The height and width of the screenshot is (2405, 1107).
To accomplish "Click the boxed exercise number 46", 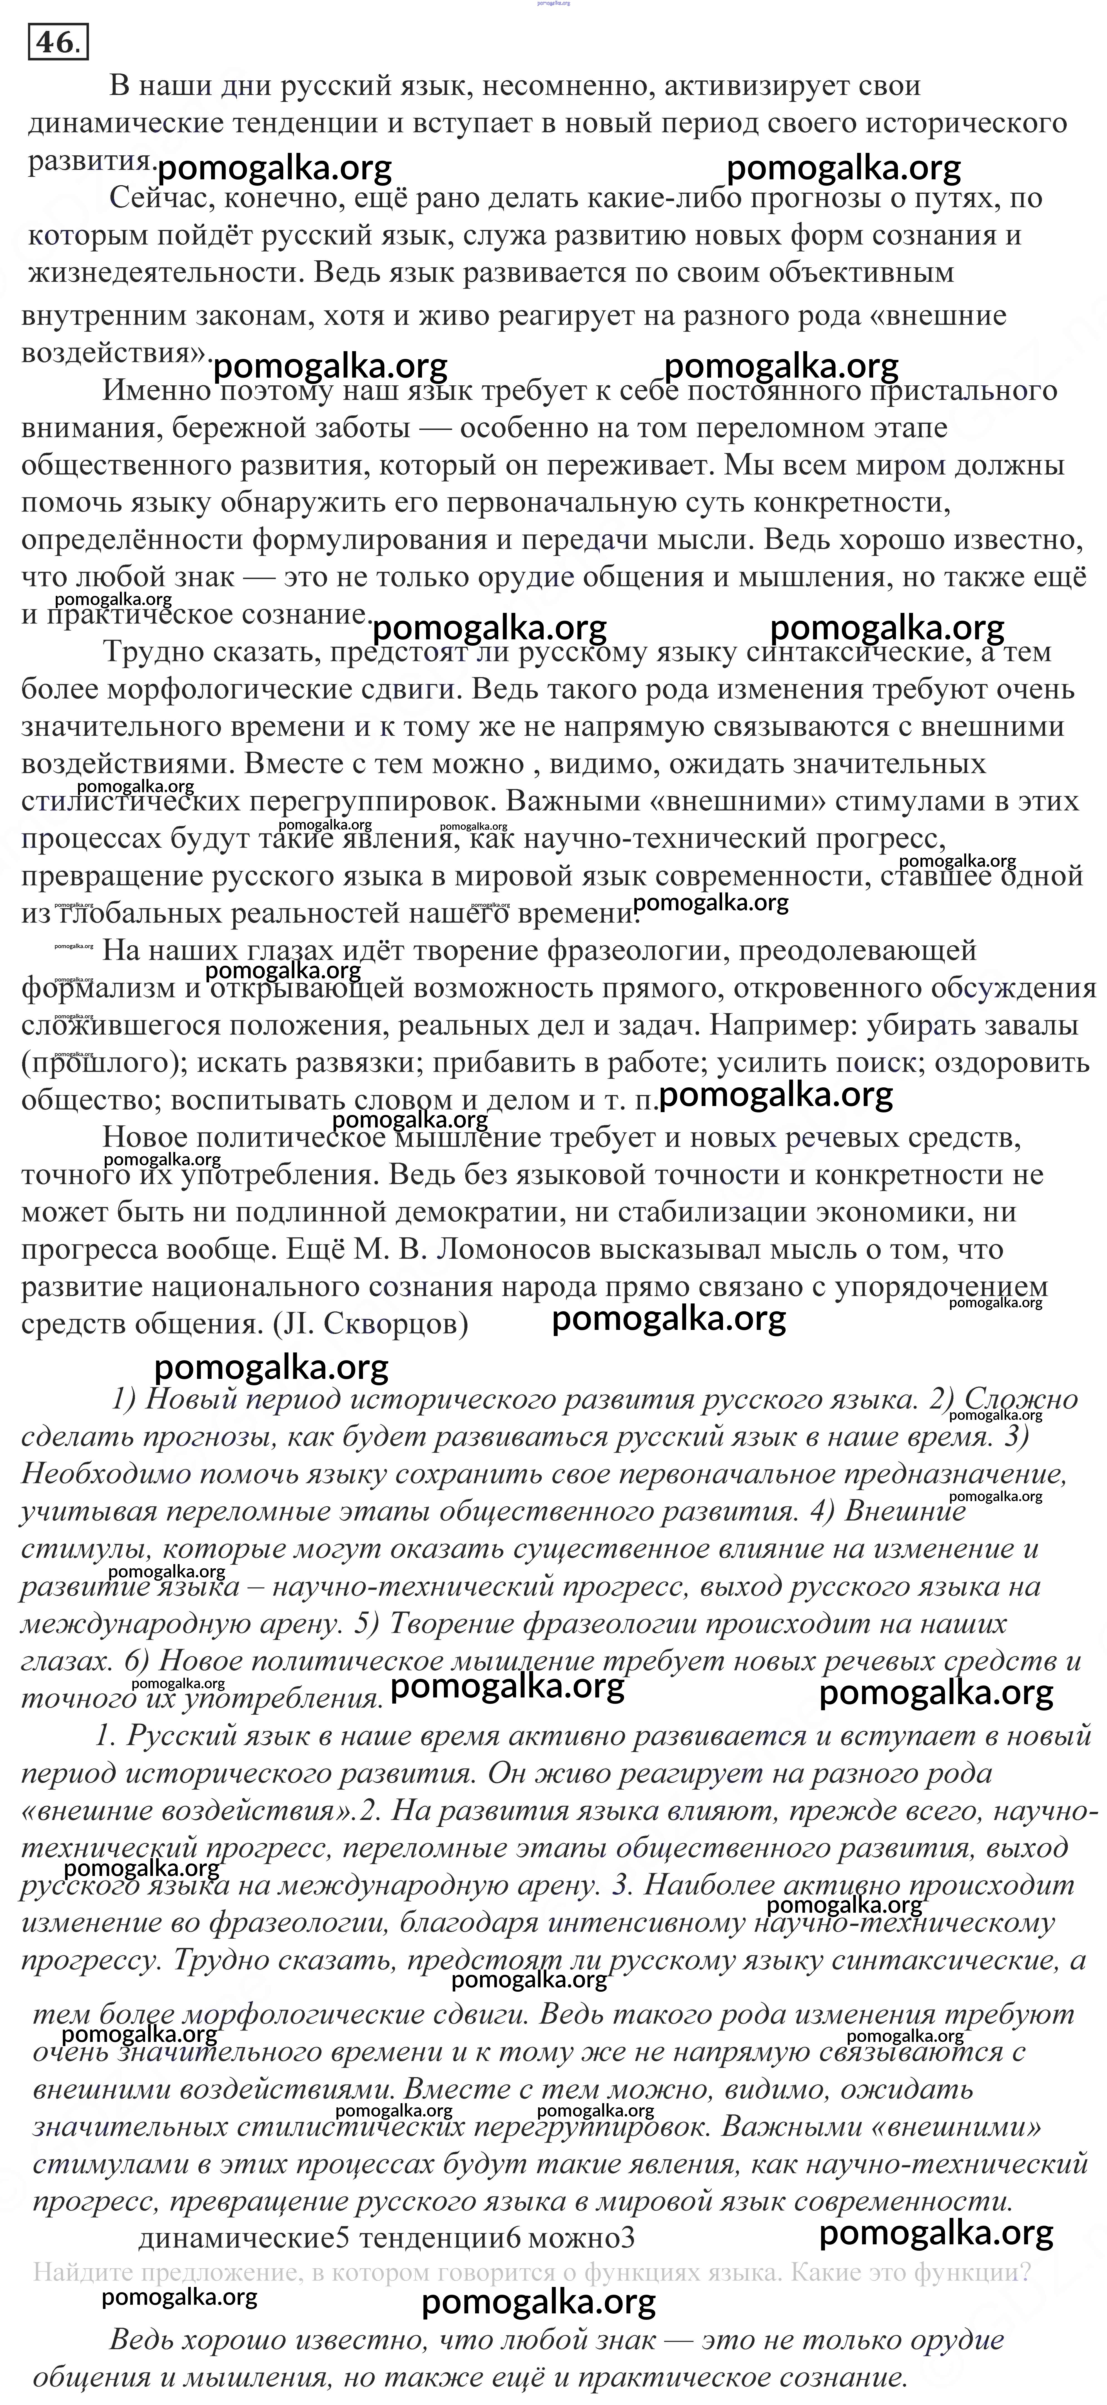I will click(x=58, y=43).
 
